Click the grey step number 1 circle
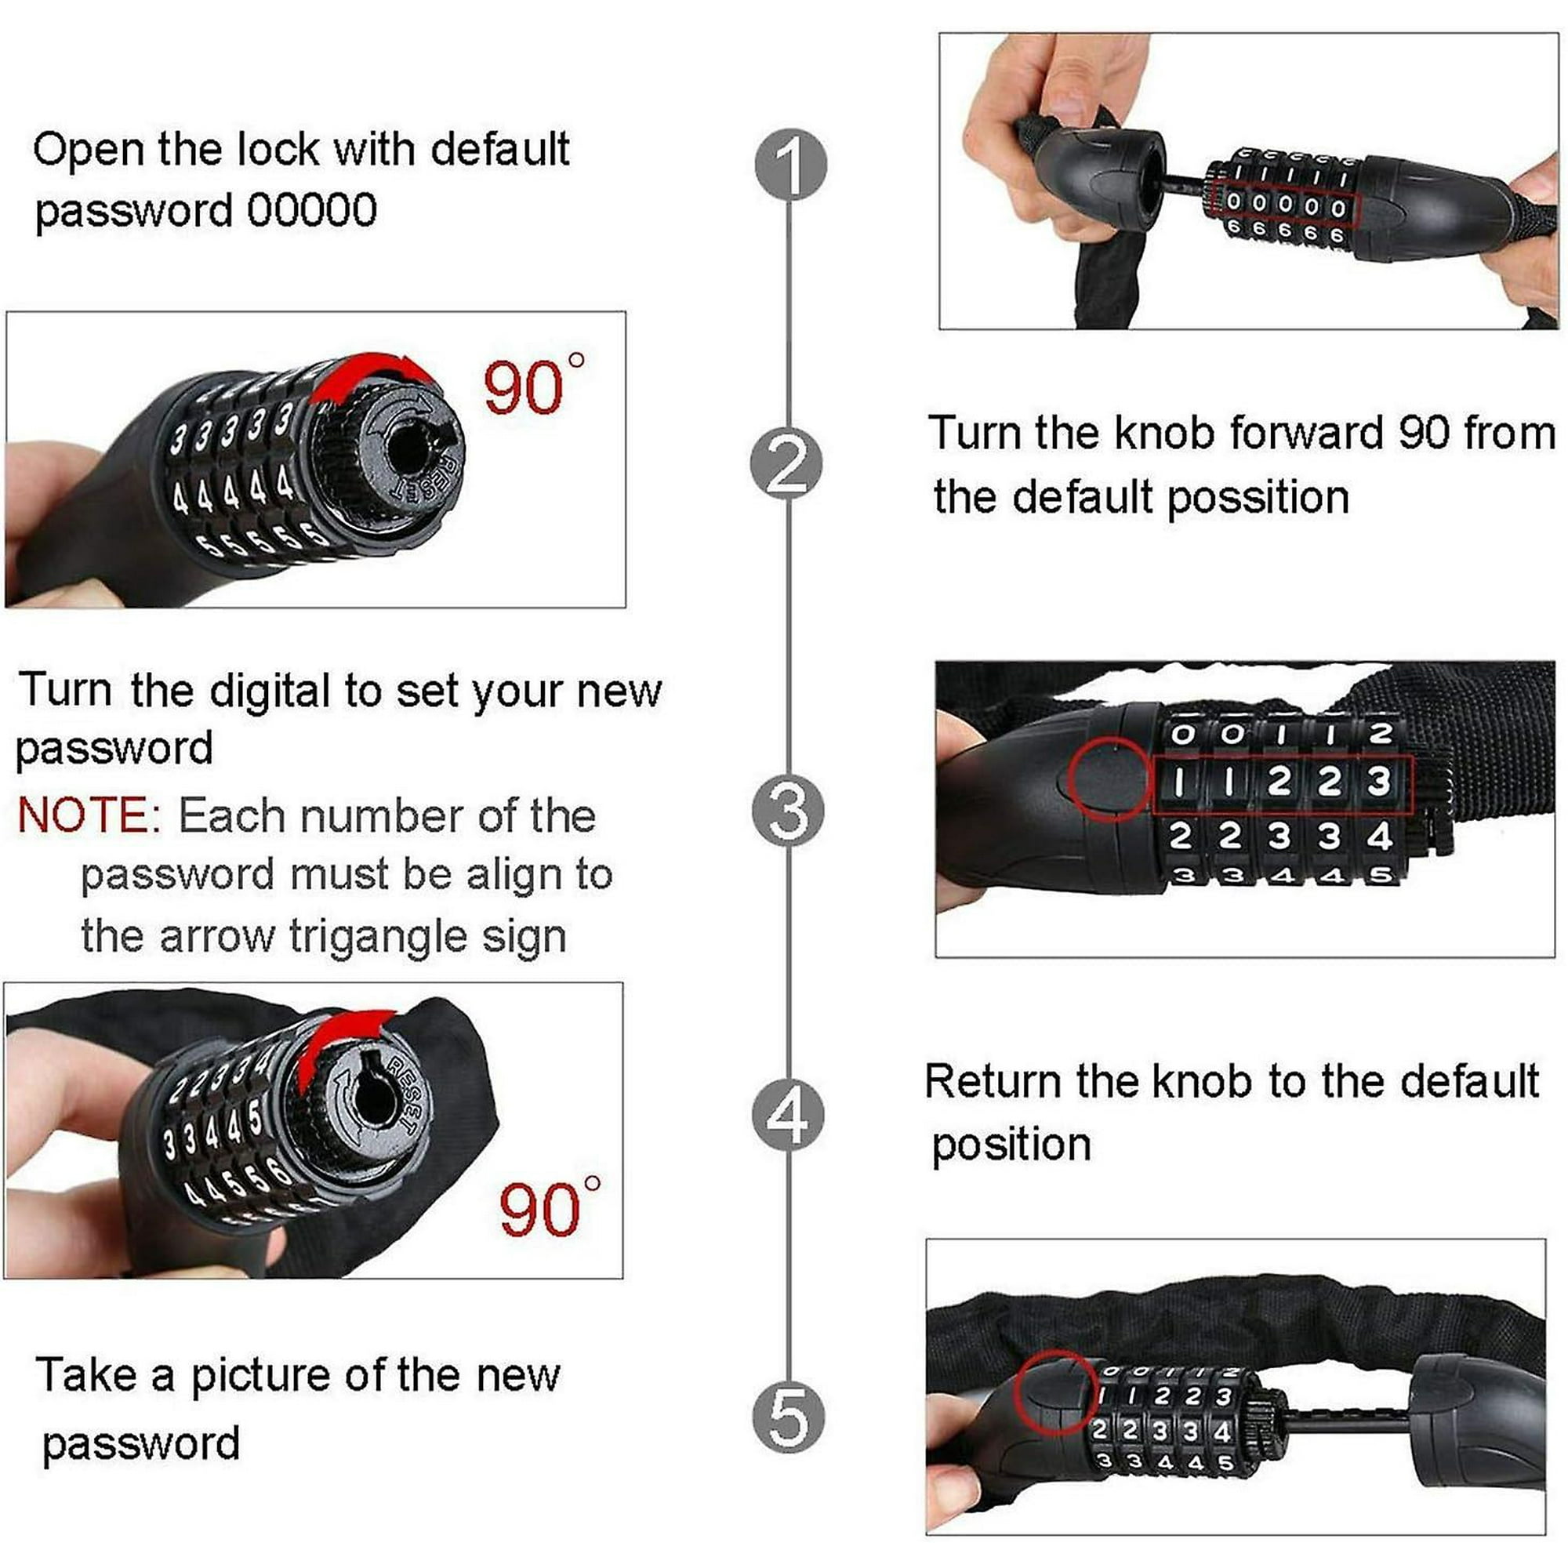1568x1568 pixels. click(790, 165)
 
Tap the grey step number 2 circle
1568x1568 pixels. click(787, 464)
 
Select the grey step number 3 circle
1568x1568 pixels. click(789, 811)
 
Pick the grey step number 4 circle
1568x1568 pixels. click(789, 1114)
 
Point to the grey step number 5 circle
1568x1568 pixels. click(789, 1417)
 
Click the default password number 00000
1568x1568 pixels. click(312, 210)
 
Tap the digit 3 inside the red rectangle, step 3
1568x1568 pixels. click(1379, 781)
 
